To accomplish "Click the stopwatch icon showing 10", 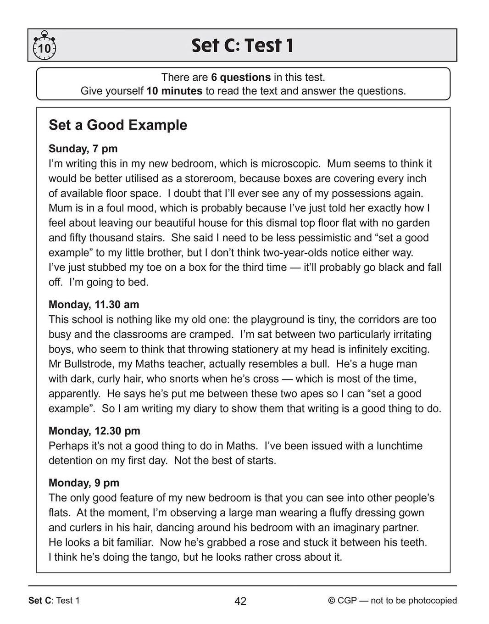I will [44, 46].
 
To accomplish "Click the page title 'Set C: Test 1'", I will [242, 45].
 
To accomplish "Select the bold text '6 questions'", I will [241, 77].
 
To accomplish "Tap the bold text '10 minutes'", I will [174, 91].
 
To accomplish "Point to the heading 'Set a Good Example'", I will [118, 125].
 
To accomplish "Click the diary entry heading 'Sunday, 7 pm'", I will [83, 149].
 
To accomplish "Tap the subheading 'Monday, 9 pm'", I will [84, 483].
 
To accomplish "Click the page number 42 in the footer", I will [240, 601].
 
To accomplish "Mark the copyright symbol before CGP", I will [332, 601].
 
